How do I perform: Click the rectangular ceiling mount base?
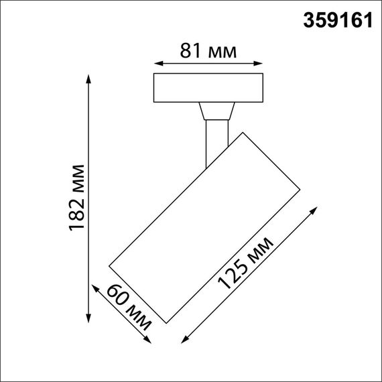(x=208, y=88)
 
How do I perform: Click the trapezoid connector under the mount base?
(x=216, y=111)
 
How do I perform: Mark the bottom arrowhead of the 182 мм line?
(x=89, y=316)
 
